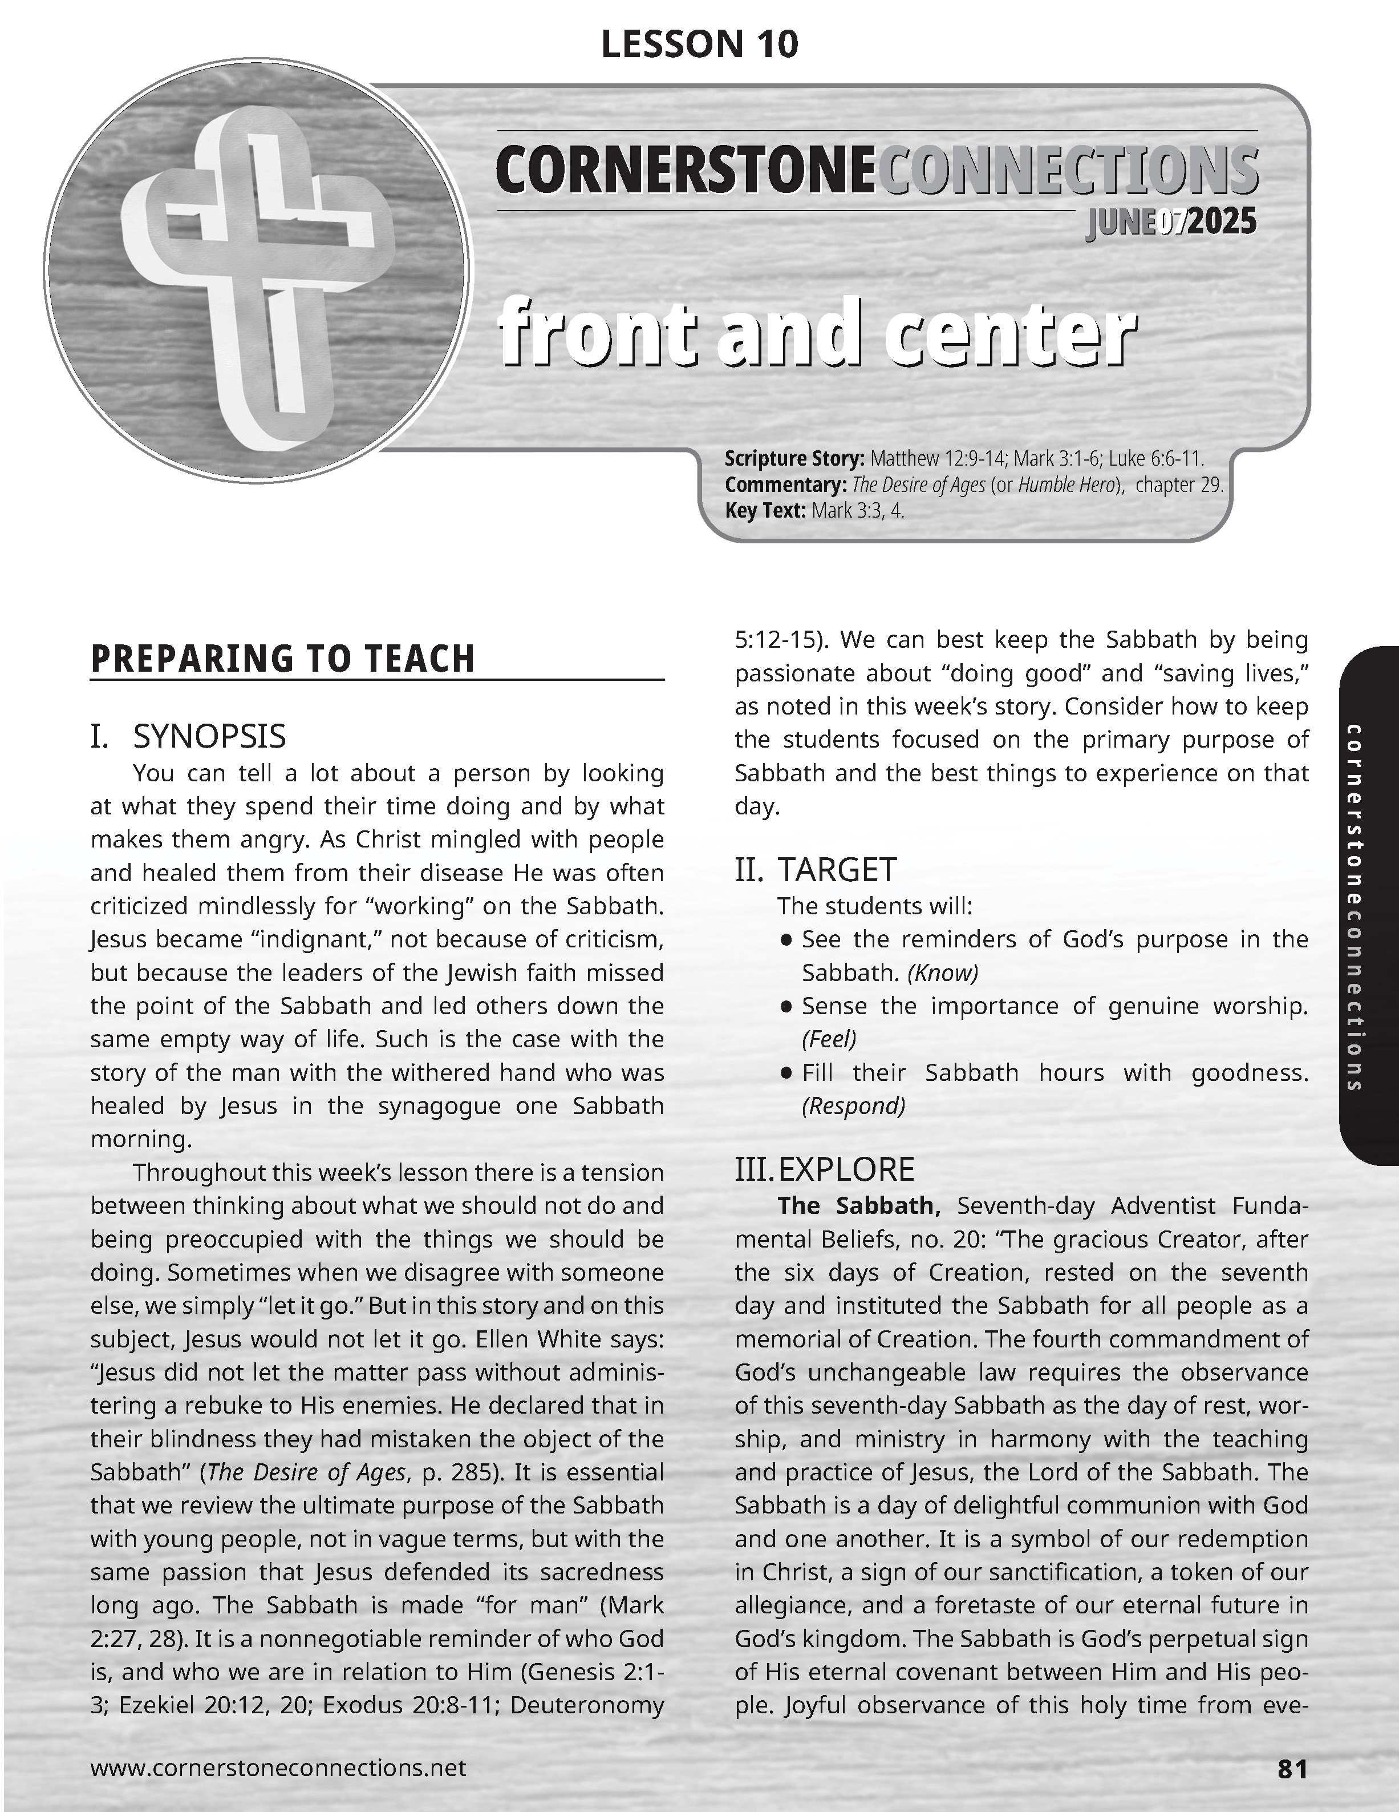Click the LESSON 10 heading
tap(699, 44)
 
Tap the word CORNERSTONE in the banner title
tap(685, 171)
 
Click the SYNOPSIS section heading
tap(209, 736)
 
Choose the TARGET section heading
tap(837, 870)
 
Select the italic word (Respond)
tap(853, 1106)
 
